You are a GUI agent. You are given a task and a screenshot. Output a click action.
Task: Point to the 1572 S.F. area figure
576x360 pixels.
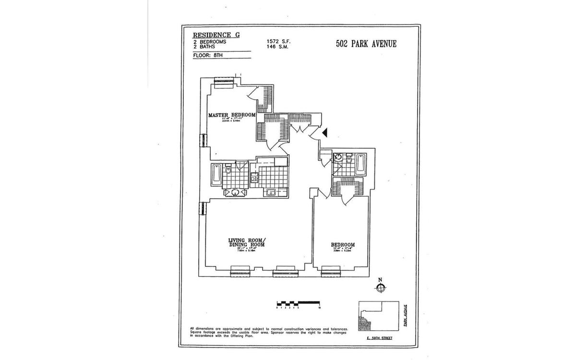tap(278, 42)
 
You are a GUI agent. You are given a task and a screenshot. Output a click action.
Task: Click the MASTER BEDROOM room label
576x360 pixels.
tap(231, 115)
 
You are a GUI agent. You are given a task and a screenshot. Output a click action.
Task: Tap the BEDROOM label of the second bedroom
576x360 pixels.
tap(343, 245)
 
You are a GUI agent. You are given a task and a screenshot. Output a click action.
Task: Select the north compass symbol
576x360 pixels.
tap(380, 287)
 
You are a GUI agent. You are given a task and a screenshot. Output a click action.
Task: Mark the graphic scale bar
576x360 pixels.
tap(298, 303)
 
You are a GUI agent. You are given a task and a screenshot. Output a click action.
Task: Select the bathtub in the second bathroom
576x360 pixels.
tap(360, 164)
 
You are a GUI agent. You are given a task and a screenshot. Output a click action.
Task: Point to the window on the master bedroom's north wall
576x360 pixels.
tap(223, 81)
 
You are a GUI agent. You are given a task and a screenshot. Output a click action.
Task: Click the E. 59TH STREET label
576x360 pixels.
tap(379, 344)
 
